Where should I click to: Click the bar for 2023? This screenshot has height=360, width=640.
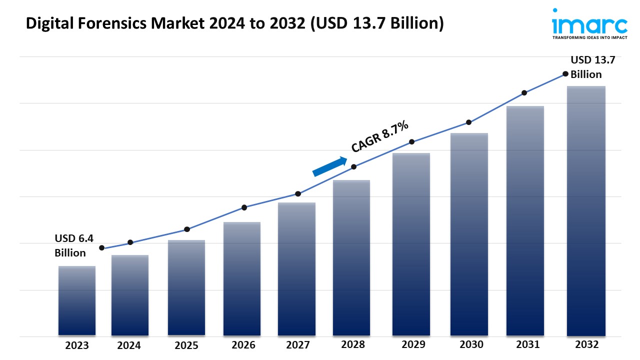[x=77, y=300]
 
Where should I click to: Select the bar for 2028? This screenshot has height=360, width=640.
[x=351, y=257]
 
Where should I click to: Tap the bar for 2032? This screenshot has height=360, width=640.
[x=586, y=210]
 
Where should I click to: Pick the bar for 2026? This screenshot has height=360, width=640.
[x=242, y=278]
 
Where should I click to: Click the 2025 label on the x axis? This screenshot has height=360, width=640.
[x=186, y=345]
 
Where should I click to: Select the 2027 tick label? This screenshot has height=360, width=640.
[x=297, y=345]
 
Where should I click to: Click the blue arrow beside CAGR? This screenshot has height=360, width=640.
[x=329, y=166]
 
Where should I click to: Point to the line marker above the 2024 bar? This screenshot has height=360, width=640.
[x=130, y=242]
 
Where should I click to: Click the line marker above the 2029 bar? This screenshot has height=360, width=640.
[x=411, y=142]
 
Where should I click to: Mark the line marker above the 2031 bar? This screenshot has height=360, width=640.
[x=524, y=92]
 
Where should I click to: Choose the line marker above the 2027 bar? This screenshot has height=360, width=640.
[x=298, y=194]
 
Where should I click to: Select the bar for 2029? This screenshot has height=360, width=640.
[x=411, y=244]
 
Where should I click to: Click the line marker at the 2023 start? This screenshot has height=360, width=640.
[x=102, y=248]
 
